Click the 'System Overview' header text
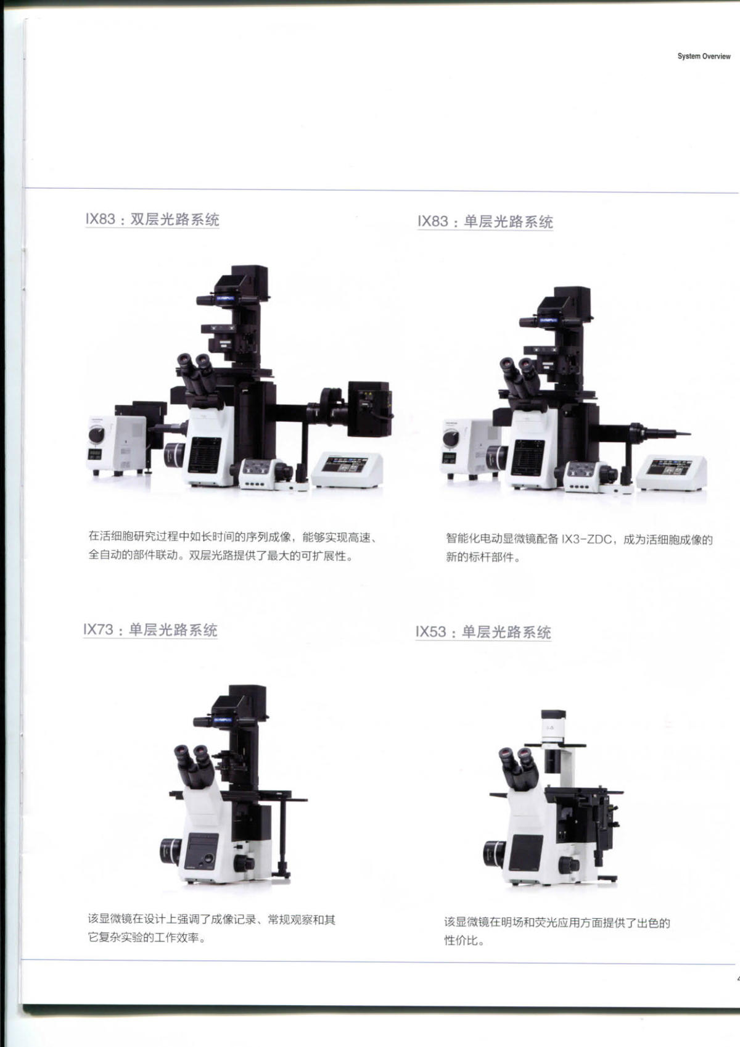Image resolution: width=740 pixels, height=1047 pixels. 704,56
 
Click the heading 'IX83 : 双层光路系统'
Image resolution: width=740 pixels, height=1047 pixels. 152,219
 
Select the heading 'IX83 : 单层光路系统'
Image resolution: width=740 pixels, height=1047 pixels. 485,221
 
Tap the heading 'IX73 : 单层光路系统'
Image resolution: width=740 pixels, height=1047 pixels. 150,629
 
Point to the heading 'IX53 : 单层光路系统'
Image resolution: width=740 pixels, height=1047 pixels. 483,632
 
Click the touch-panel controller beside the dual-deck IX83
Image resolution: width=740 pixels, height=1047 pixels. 347,470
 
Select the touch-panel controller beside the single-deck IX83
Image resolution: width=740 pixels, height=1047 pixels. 672,473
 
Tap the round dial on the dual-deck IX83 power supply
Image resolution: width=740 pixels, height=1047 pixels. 97,435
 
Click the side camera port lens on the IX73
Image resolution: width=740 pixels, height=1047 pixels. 171,851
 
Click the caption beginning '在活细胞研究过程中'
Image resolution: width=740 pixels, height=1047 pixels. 232,547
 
